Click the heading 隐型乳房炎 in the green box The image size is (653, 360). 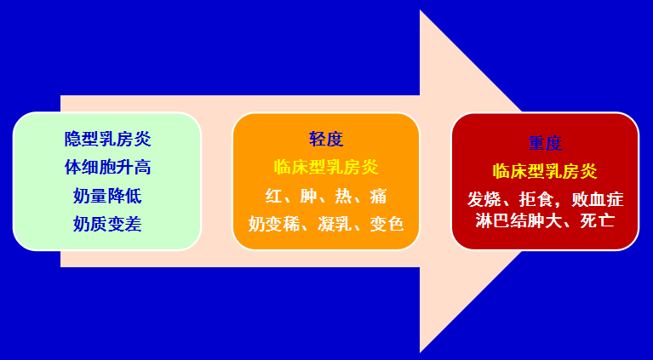[107, 138]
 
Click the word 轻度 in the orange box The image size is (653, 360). [326, 139]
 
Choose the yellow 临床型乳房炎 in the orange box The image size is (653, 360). [326, 167]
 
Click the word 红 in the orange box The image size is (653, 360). [273, 196]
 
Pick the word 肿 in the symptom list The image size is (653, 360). [308, 196]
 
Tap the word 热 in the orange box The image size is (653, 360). [343, 196]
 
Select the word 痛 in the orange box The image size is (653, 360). [378, 196]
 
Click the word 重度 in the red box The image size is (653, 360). [545, 143]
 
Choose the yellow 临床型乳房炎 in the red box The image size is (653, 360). [545, 170]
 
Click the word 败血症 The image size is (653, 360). [598, 200]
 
